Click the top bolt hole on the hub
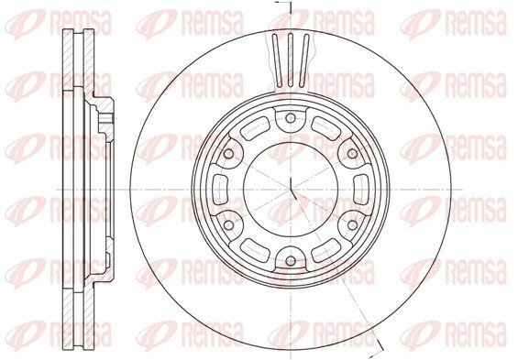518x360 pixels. click(x=290, y=118)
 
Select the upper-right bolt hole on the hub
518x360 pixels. click(x=352, y=154)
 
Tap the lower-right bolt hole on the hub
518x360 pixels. click(x=352, y=225)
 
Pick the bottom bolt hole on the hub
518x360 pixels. click(x=291, y=261)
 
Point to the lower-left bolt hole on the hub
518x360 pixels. click(x=228, y=225)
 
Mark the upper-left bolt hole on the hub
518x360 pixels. click(x=228, y=154)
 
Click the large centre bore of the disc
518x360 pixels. click(x=291, y=190)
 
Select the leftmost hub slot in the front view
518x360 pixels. click(x=220, y=190)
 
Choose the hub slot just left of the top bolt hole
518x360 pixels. click(x=256, y=128)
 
